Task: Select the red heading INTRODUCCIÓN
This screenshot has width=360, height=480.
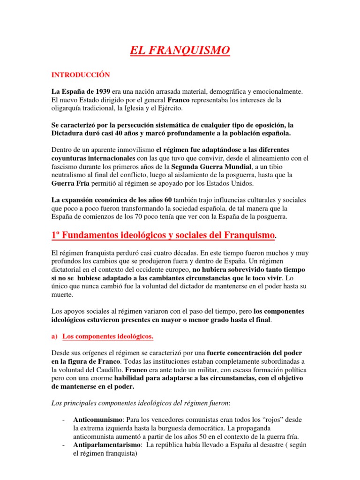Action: coord(80,75)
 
